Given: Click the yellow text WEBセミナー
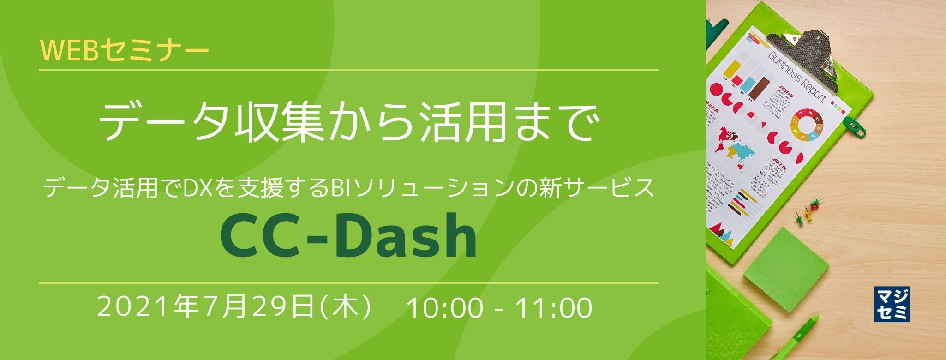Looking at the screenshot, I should click(124, 50).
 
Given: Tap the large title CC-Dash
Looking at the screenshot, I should click(349, 236).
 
